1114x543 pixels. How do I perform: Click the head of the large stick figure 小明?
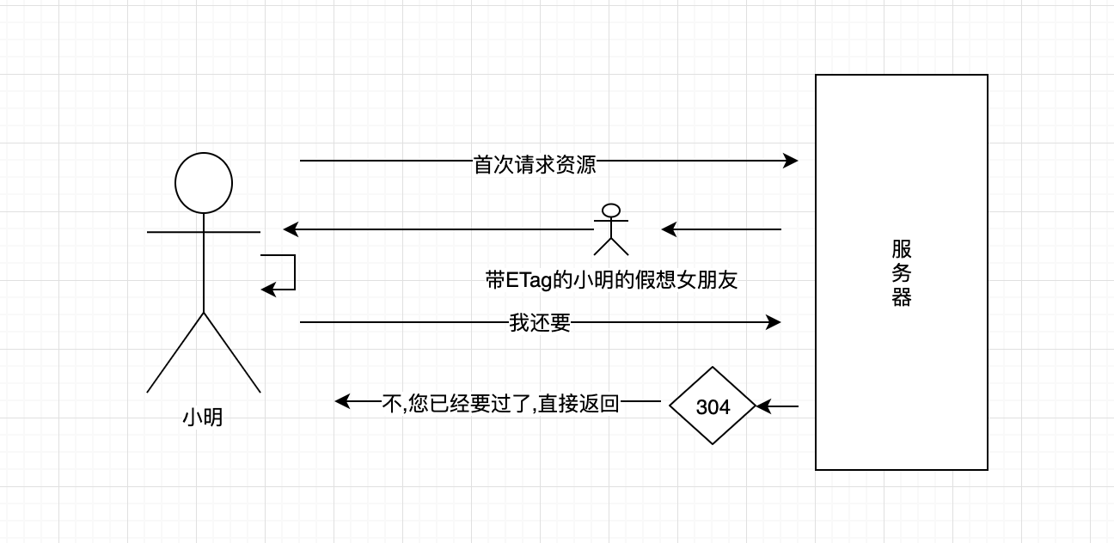point(204,182)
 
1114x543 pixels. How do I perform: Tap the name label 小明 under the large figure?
point(203,418)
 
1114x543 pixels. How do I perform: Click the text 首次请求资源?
point(535,164)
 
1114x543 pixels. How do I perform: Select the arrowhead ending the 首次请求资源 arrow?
point(792,161)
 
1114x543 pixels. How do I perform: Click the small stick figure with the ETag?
point(611,229)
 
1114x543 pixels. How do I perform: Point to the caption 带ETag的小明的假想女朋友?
point(611,280)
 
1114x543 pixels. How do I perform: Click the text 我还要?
point(540,323)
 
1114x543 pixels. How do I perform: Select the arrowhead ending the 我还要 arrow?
point(774,322)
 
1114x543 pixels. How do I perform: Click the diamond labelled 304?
point(713,406)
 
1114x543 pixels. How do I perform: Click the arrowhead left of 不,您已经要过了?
point(342,401)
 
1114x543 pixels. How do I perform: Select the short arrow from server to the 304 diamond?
point(778,406)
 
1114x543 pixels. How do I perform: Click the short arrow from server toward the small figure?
point(721,229)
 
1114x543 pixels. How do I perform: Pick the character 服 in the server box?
point(901,250)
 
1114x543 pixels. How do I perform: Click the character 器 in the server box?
point(901,297)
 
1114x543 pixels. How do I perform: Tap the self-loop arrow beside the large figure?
point(288,272)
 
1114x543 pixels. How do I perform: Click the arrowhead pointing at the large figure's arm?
point(291,229)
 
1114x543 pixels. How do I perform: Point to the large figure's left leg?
point(176,352)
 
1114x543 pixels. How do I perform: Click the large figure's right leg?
point(232,352)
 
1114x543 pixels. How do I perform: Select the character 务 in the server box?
point(901,274)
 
